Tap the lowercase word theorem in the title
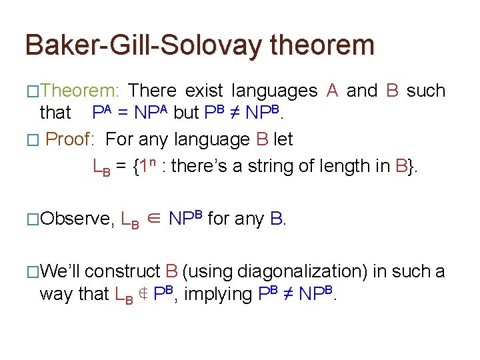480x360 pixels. click(323, 45)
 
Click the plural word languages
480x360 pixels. click(274, 91)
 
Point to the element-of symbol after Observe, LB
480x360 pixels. click(153, 219)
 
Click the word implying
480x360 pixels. click(216, 294)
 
